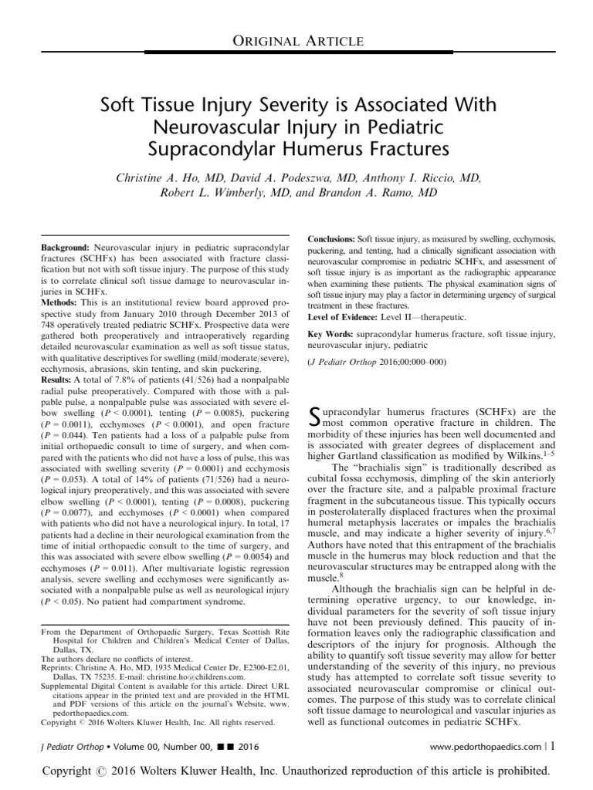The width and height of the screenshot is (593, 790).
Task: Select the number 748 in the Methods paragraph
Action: pos(49,336)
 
